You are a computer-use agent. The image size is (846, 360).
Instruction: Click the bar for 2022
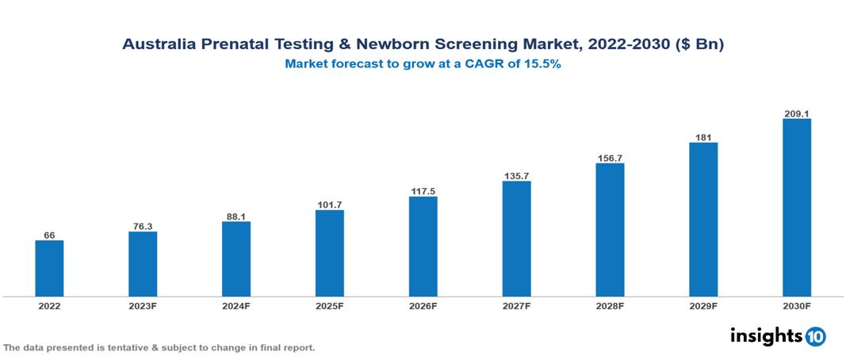[x=49, y=268]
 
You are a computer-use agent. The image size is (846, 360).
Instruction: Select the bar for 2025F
[x=329, y=253]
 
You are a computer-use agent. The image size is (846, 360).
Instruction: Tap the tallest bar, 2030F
[x=796, y=208]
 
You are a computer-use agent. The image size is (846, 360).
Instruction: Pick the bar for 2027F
[x=516, y=239]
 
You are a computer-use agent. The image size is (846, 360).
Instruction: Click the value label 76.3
[x=143, y=225]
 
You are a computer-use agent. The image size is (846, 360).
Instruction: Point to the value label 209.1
[x=796, y=113]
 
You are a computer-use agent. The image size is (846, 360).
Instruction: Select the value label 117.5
[x=423, y=190]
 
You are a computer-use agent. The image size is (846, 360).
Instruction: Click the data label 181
[x=702, y=136]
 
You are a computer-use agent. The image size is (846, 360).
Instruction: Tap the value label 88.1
[x=236, y=215]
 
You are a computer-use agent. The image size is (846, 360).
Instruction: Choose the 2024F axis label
[x=236, y=306]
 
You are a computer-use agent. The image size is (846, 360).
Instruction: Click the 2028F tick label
[x=610, y=306]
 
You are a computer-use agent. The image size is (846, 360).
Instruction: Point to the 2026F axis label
[x=423, y=306]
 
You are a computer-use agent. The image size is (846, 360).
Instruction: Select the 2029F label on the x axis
[x=702, y=306]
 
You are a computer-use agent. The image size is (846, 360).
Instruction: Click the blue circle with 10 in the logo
[x=816, y=336]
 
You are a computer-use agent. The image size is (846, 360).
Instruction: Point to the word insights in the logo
[x=766, y=335]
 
